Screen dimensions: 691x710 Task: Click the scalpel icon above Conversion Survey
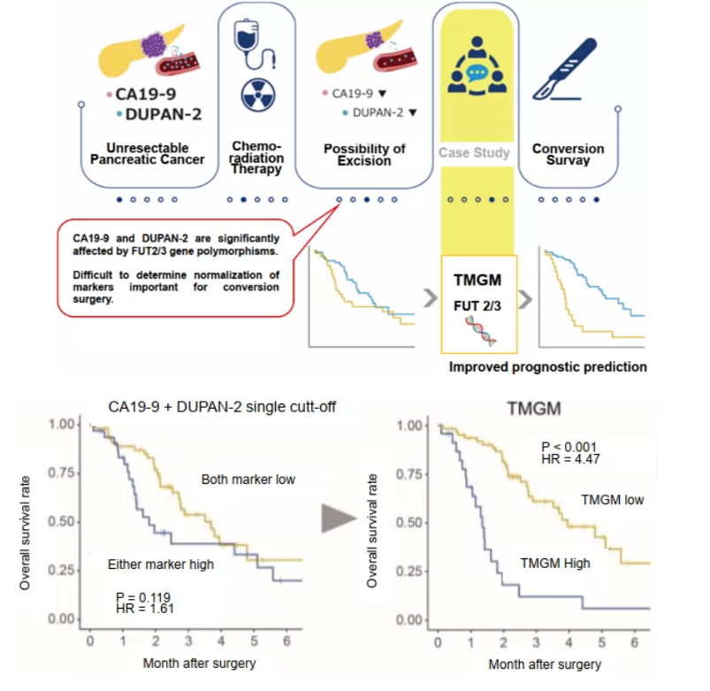click(562, 70)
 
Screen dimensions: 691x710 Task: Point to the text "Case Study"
click(475, 152)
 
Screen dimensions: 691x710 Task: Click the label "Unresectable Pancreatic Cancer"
click(147, 153)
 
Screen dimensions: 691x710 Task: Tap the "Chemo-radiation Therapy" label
click(257, 157)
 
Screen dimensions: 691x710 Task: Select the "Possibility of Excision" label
click(364, 154)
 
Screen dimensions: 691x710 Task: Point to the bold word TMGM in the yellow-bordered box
click(477, 281)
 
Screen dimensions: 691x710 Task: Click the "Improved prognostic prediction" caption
click(548, 366)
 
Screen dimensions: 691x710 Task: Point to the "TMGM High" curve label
click(554, 562)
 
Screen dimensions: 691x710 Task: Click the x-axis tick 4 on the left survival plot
click(220, 638)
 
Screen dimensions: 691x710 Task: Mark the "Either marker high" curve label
click(160, 564)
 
